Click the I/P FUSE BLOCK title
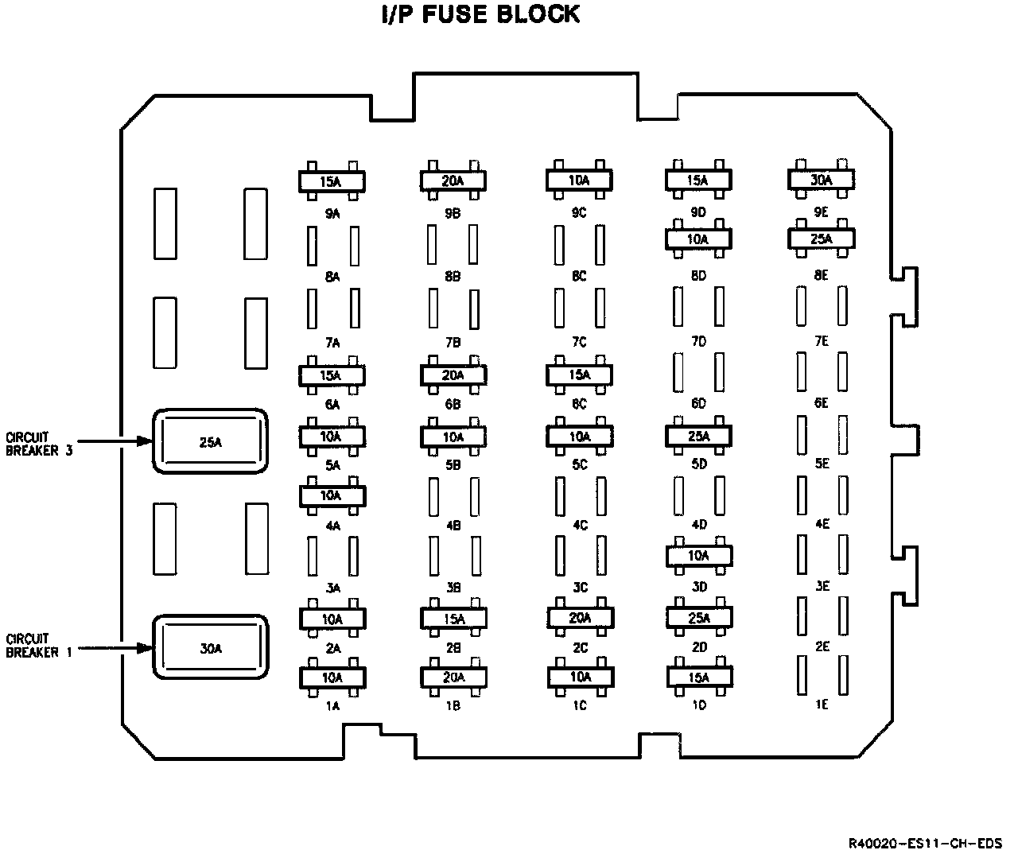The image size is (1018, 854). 481,15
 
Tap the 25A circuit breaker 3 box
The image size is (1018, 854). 211,442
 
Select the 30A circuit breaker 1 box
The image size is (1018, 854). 211,647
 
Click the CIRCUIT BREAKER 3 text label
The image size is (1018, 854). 39,444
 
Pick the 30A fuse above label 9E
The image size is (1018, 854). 821,181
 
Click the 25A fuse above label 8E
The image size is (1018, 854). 821,239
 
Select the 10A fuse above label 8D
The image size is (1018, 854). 698,239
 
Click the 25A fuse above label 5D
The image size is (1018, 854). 698,436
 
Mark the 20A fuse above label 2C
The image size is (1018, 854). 580,618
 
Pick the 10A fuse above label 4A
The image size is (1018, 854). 331,495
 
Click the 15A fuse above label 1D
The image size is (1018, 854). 698,677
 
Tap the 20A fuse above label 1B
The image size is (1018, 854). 453,677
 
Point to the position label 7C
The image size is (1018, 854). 579,343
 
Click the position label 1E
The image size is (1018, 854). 822,705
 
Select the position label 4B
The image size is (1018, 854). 453,526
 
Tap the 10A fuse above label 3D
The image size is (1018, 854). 698,556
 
